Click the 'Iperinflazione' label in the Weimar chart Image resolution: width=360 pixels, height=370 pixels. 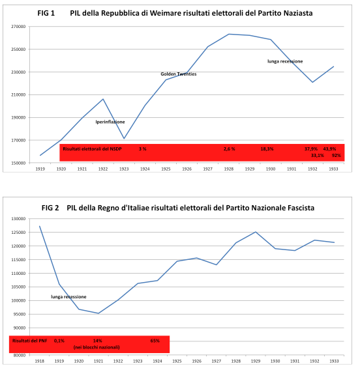point(110,122)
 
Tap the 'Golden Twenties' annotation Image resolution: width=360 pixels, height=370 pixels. point(179,74)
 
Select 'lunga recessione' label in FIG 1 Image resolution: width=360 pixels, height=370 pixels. point(285,61)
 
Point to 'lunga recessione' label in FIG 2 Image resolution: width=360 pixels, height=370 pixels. point(68,296)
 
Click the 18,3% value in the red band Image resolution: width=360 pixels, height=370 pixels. point(267,149)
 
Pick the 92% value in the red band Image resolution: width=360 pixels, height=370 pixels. point(336,156)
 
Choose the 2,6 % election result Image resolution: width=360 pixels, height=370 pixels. point(229,149)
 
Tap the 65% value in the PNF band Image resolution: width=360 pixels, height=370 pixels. point(155,341)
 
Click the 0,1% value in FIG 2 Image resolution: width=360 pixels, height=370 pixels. point(59,341)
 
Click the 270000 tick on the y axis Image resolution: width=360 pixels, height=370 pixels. point(18,27)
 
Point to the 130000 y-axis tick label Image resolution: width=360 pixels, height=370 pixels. point(18,219)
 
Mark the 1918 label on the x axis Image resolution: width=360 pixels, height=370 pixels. point(40,360)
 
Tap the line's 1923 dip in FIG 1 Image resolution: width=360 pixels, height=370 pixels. point(123,138)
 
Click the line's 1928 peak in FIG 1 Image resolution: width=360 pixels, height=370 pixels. point(229,34)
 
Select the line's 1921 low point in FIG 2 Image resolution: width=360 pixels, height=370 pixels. point(98,313)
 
